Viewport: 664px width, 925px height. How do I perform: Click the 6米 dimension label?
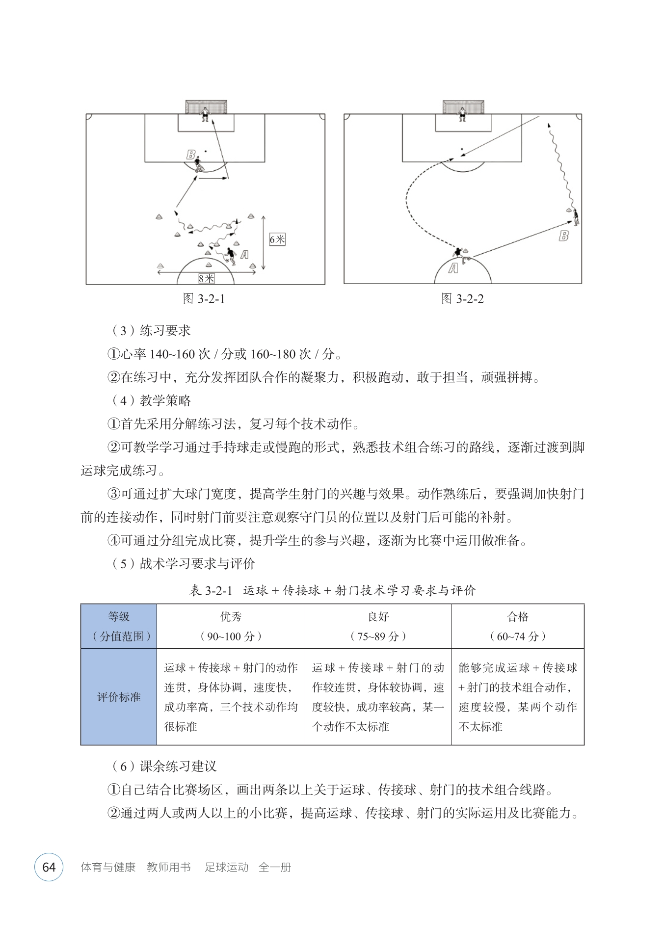[277, 239]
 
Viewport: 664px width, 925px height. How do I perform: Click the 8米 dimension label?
[207, 278]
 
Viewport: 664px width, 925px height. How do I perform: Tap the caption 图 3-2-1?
[204, 299]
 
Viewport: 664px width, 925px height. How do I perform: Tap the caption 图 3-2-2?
[462, 299]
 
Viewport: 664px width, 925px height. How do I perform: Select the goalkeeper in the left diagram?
[205, 114]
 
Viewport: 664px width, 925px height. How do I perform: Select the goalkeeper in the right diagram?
[461, 114]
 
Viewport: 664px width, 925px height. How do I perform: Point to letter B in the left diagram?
[190, 155]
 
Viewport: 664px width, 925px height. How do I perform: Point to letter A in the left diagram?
[244, 254]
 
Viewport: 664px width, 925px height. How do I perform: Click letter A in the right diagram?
[453, 268]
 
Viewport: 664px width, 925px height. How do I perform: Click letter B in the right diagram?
[564, 236]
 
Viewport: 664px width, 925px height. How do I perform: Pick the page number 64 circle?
[49, 867]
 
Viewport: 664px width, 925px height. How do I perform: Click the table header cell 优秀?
[231, 626]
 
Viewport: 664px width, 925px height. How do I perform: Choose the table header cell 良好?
[378, 626]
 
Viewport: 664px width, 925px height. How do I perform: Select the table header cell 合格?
[518, 626]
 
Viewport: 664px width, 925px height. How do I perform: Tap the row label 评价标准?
[119, 697]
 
